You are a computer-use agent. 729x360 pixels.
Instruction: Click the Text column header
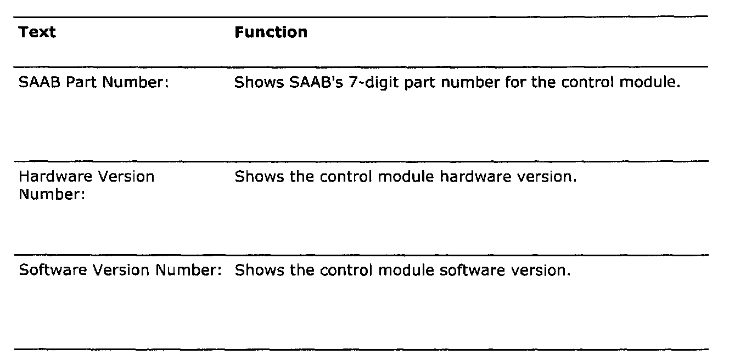tap(37, 32)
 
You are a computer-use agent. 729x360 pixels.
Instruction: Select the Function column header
tap(271, 32)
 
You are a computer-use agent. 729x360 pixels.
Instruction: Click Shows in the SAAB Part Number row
tap(255, 83)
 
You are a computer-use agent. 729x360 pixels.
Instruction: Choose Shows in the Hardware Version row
tap(255, 177)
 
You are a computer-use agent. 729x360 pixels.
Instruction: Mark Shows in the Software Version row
tap(255, 271)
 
